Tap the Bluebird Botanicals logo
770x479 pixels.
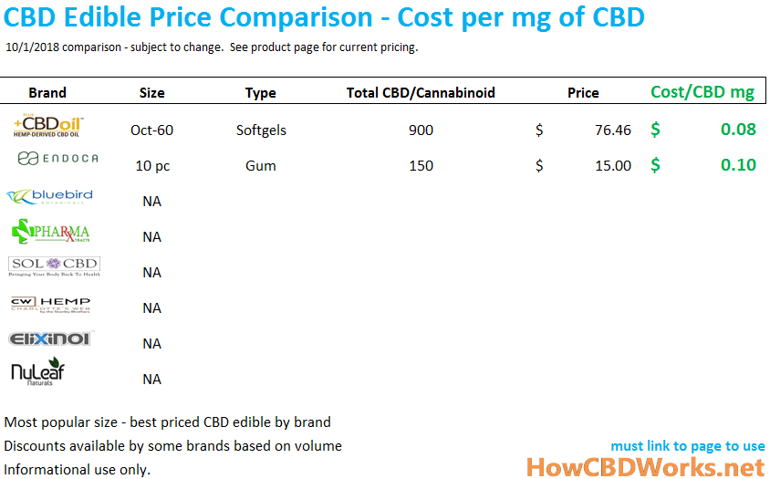pos(49,197)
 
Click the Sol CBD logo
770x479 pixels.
pos(54,266)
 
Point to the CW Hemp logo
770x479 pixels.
pos(50,304)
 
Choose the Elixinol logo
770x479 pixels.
pos(50,339)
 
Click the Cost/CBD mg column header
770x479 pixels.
pos(702,91)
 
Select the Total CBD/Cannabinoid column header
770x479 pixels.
pos(421,92)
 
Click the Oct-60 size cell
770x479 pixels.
pos(151,130)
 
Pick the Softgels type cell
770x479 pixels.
pos(261,130)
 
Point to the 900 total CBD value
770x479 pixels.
pos(421,130)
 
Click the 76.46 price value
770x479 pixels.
pos(612,130)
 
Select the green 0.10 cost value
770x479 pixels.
pos(738,165)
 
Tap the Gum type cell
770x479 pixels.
pos(261,165)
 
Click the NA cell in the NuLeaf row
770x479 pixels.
pos(151,379)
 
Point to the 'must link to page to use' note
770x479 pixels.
pos(688,446)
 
